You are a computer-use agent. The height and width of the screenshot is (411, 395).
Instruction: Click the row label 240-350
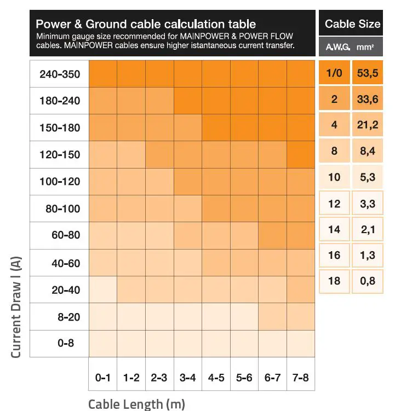coord(59,74)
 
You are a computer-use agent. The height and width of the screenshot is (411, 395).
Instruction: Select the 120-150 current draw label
coord(59,155)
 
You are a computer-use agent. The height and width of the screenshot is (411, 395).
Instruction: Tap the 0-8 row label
coord(59,344)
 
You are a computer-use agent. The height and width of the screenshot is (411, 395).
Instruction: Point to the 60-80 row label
coord(59,236)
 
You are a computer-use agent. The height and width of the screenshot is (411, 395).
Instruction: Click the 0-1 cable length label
coord(102,378)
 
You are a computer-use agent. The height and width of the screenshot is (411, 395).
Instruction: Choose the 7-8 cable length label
coord(300,378)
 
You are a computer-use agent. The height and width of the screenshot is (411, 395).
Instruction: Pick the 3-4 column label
coord(187,378)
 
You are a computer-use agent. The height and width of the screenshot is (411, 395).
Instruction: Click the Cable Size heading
coord(352,24)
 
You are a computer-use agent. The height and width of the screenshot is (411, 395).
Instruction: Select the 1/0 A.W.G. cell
coord(334,73)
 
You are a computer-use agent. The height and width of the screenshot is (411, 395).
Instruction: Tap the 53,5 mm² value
coord(368,73)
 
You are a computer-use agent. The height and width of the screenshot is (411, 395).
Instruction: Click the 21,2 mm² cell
coord(368,125)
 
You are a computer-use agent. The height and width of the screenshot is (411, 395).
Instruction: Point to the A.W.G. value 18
coord(334,281)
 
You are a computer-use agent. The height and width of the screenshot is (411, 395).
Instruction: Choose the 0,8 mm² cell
coord(368,281)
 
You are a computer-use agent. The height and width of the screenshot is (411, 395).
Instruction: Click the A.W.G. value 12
coord(334,204)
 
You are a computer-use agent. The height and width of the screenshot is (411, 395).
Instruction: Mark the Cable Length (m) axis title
coord(136,404)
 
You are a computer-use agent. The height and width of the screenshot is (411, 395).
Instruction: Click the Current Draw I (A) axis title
coord(16,306)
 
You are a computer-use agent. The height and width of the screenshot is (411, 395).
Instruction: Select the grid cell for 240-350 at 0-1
coord(102,74)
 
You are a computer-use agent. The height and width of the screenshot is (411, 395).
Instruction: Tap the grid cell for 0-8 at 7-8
coord(300,344)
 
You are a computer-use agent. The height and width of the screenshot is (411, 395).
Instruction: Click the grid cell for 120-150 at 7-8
coord(300,155)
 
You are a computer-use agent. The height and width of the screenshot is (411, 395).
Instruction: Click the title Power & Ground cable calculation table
coord(146,24)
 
